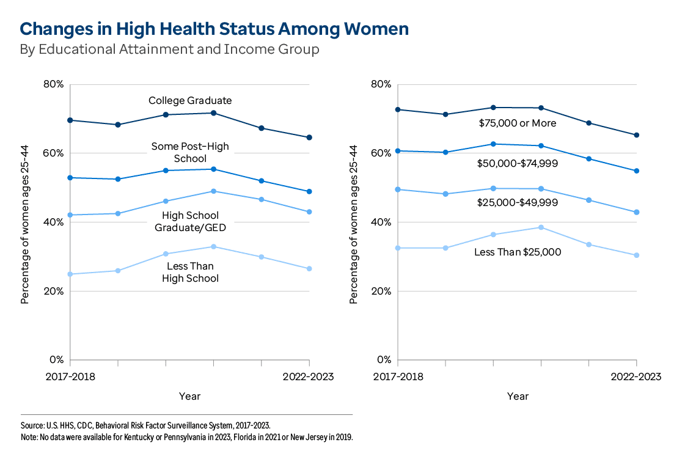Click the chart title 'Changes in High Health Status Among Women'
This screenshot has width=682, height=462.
215,29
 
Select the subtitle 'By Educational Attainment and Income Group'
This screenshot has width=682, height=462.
170,50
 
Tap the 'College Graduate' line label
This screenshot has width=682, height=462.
190,101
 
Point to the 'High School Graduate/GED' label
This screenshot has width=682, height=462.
190,221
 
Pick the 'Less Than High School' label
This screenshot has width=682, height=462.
190,272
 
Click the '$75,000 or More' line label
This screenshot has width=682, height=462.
518,123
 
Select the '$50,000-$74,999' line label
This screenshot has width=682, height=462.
518,164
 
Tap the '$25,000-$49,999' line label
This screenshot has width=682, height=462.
518,202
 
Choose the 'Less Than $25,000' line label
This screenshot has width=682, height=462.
518,252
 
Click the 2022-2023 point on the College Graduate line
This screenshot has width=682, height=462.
309,137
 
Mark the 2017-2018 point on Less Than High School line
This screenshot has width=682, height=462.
70,274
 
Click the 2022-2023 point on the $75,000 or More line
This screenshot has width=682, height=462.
637,135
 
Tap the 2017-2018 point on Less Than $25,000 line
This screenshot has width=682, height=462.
398,248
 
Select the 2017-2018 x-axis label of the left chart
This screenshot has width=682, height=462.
70,376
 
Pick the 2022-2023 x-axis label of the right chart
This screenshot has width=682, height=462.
637,376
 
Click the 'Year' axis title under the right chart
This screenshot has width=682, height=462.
518,397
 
